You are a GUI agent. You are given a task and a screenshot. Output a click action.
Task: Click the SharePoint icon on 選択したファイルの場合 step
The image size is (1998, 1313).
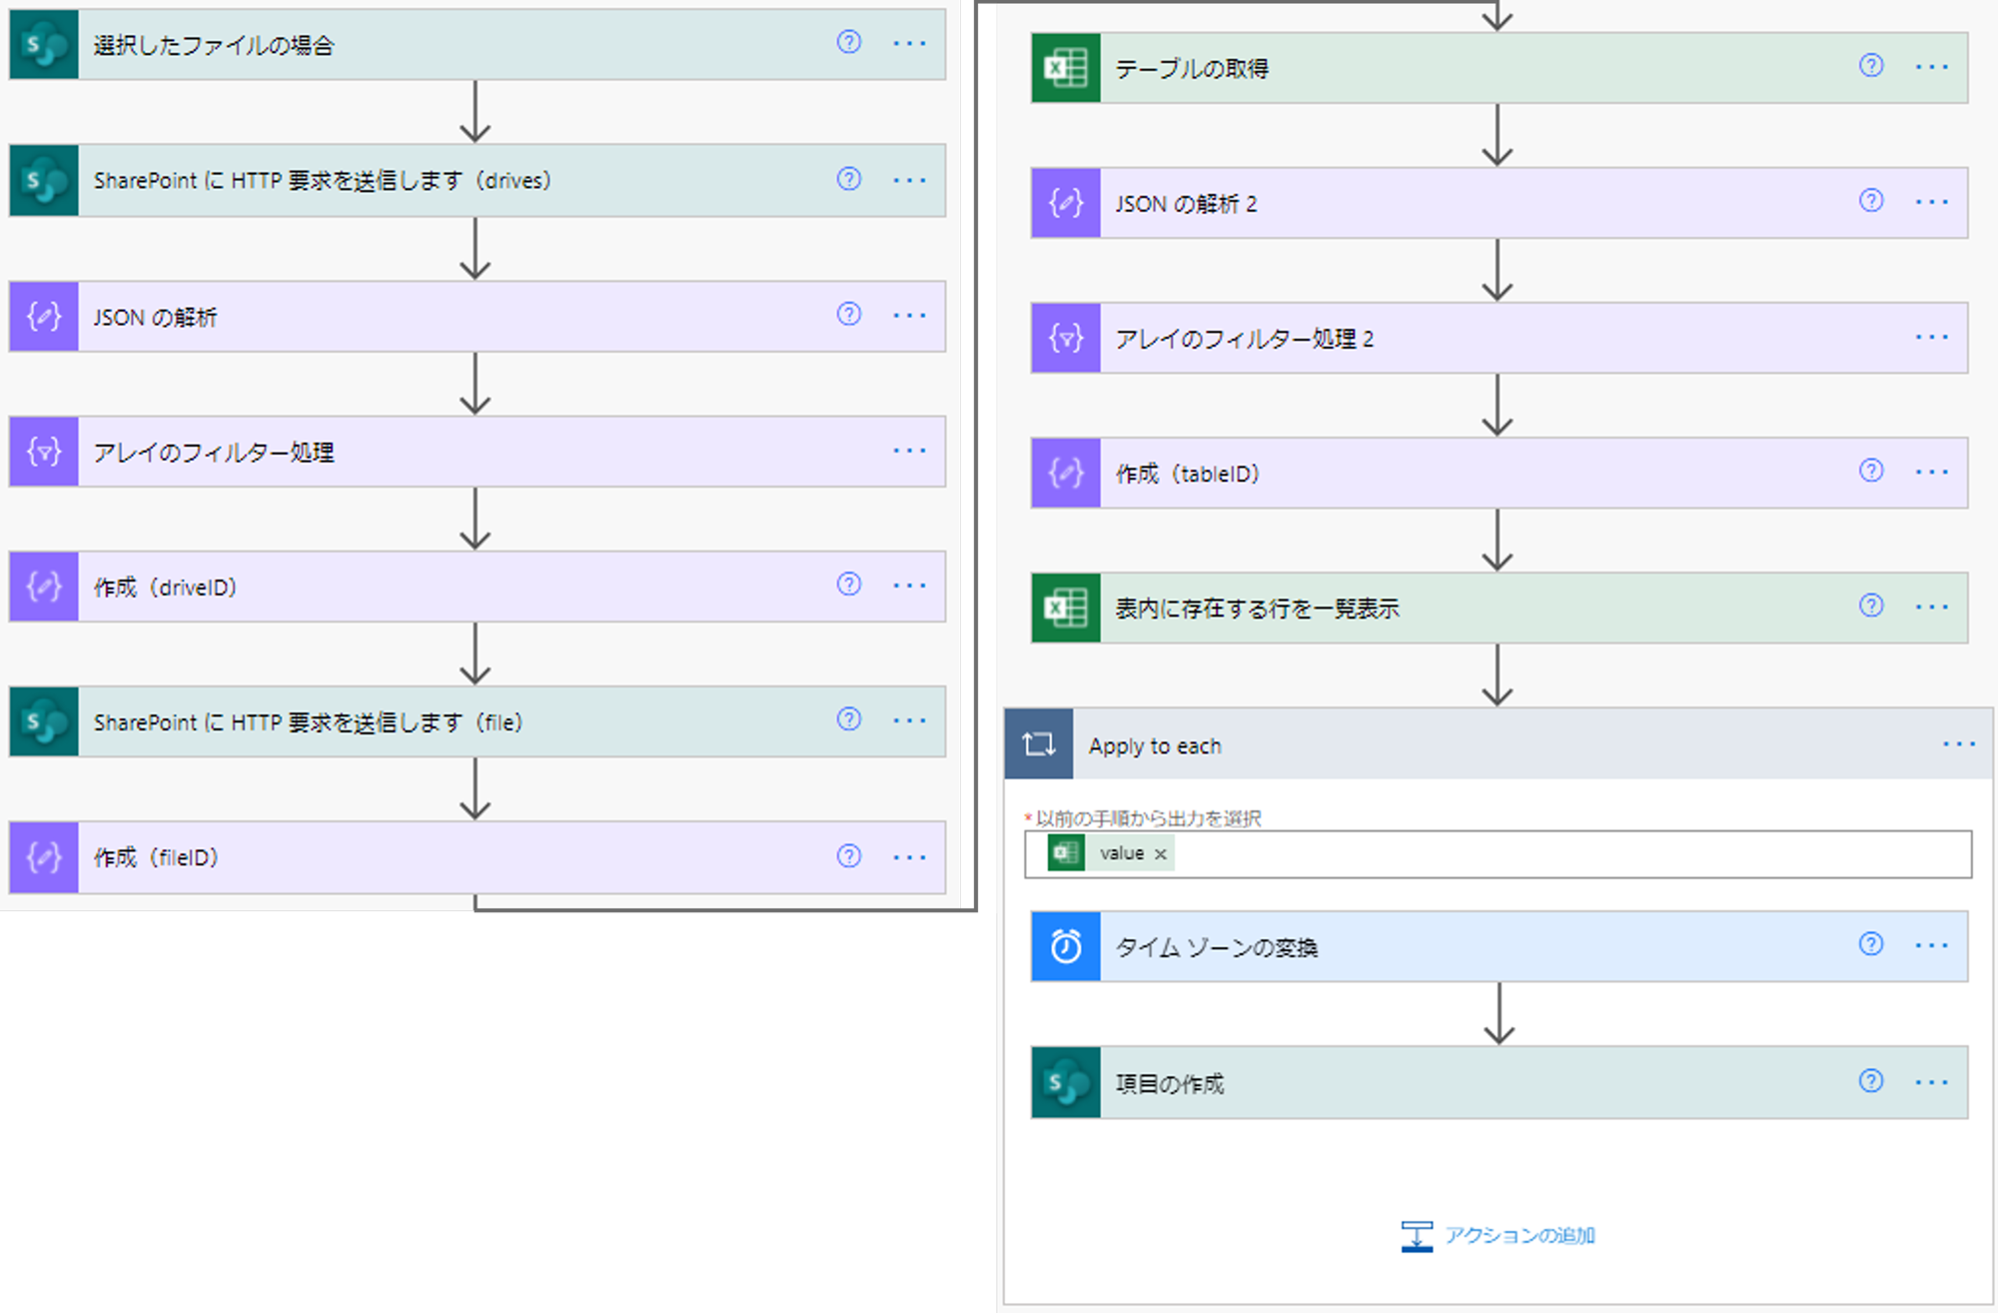pos(44,44)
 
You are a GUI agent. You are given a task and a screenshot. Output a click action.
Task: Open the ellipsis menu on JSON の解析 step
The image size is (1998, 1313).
pos(909,316)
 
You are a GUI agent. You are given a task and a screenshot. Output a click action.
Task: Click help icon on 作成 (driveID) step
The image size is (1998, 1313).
pos(848,585)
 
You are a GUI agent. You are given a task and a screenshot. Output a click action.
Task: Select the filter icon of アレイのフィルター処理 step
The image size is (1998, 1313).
pos(44,452)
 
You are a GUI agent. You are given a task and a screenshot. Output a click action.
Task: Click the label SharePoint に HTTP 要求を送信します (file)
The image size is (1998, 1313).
pos(308,722)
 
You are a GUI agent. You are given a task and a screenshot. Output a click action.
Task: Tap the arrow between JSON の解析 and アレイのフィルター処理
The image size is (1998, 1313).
pos(476,384)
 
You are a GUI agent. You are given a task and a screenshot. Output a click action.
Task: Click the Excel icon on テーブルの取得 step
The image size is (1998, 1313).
pos(1066,68)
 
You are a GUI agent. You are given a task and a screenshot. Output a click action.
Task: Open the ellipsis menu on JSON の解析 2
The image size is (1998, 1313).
pos(1931,202)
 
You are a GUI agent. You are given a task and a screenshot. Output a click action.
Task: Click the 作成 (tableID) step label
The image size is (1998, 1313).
pos(1187,474)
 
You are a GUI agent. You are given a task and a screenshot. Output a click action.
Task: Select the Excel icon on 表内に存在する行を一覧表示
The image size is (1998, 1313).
pos(1066,608)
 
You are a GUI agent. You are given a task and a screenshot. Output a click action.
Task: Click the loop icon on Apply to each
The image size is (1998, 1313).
pos(1039,744)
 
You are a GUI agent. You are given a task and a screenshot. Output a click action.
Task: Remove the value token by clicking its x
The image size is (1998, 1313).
pos(1160,854)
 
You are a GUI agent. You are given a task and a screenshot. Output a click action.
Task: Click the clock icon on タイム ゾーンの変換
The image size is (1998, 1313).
pos(1066,946)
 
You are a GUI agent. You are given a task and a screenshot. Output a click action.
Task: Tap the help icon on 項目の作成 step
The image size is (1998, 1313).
pos(1870,1081)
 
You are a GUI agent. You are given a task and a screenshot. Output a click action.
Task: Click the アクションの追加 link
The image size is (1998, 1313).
pos(1518,1236)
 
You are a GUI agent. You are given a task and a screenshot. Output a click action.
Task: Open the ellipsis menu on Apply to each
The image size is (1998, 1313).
pos(1958,744)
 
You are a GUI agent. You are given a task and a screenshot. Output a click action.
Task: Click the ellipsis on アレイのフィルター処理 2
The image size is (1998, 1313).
pos(1931,338)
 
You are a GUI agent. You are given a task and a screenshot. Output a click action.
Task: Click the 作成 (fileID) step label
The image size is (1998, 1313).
pos(156,857)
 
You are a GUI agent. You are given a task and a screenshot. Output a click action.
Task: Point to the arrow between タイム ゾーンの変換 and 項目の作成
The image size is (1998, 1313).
pos(1498,1014)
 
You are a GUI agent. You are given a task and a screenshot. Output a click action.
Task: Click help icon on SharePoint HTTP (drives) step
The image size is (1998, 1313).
pos(848,179)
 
